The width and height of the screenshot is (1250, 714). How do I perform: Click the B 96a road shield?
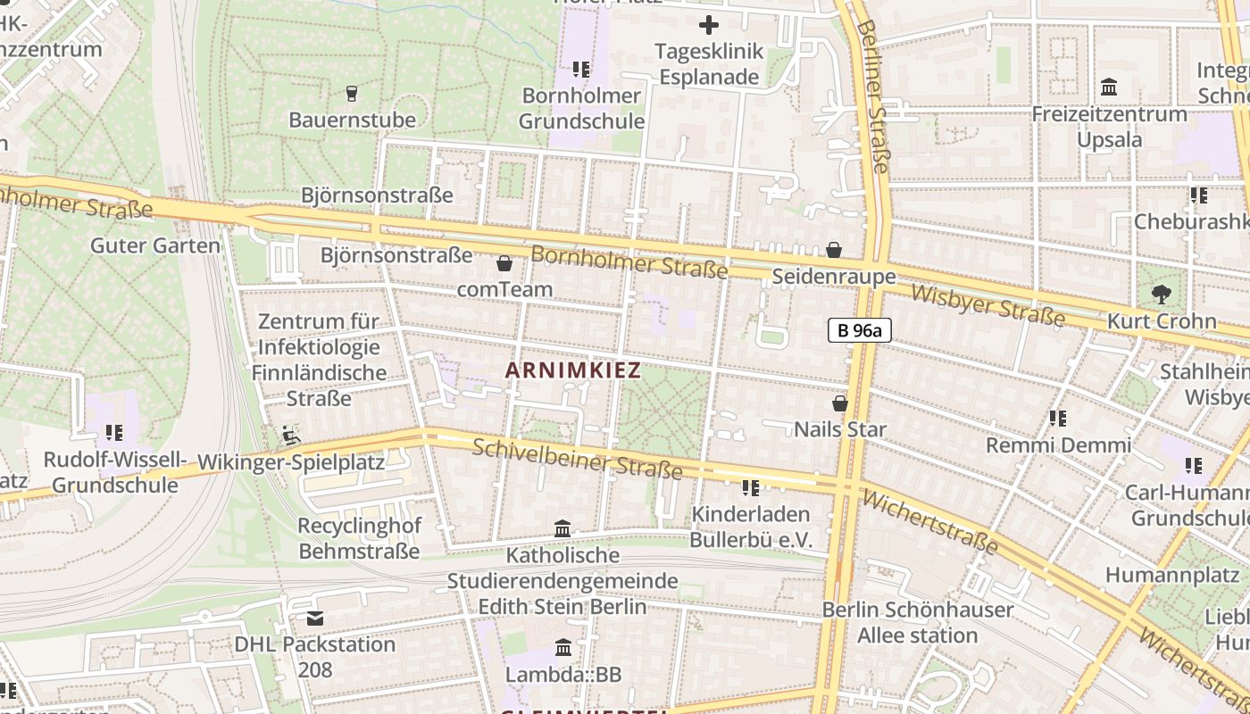(860, 330)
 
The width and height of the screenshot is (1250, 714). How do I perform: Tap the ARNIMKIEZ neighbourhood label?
(573, 370)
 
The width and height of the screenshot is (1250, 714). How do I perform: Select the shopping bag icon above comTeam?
(504, 263)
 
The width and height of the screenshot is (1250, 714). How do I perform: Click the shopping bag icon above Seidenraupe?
(834, 250)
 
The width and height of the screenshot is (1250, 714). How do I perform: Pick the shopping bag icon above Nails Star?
(840, 403)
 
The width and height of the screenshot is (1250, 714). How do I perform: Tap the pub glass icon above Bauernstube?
(352, 93)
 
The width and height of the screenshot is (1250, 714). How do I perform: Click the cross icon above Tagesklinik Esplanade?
(709, 25)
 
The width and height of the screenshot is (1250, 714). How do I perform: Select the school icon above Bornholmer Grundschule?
(581, 69)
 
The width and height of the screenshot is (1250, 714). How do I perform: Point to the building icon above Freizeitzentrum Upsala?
(1110, 87)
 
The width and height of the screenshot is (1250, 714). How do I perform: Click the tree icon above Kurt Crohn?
(1162, 295)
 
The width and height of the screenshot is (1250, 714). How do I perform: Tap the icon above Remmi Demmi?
(1058, 418)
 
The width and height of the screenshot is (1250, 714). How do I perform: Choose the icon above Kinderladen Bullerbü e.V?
(751, 487)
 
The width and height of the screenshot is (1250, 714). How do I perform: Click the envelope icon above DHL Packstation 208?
(315, 618)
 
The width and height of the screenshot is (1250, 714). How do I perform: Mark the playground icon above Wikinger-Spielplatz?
(291, 436)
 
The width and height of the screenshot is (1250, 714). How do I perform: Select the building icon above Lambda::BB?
(563, 647)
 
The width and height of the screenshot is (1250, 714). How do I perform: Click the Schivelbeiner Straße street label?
(577, 459)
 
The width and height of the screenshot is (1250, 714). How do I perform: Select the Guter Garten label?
(155, 245)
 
